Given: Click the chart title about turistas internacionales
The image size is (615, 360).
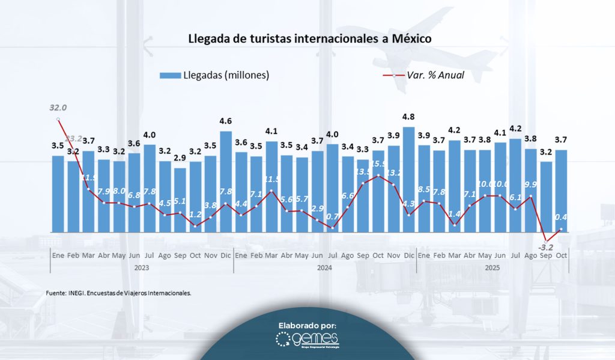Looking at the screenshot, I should (309, 38).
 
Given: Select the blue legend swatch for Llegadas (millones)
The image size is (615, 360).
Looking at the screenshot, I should (170, 76).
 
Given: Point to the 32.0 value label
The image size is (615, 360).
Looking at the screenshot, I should (58, 108).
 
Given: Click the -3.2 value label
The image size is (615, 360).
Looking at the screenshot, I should (545, 247).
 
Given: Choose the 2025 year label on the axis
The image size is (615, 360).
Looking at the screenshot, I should (492, 267).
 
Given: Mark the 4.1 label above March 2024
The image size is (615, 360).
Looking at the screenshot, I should (271, 131).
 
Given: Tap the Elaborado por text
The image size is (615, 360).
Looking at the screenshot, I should (307, 325).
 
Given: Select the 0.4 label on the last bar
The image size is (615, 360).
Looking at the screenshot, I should (562, 218).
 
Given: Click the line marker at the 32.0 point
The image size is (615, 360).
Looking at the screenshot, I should (58, 119).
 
